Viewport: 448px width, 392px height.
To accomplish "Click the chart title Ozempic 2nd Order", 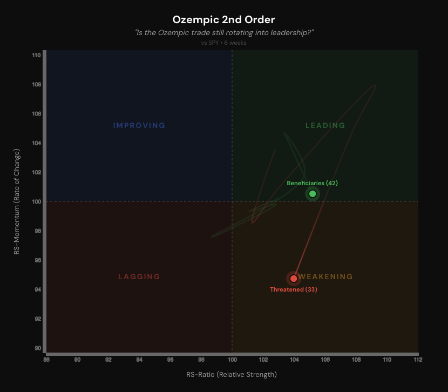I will [223, 20].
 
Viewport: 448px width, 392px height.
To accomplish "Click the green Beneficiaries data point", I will [313, 194].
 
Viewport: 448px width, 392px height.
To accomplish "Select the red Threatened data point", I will [294, 279].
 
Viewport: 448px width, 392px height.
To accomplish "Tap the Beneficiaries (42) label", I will [312, 183].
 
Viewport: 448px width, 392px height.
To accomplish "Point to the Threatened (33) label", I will [294, 289].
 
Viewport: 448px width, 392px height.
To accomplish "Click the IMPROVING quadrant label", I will [139, 126].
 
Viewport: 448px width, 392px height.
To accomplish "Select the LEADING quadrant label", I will [325, 126].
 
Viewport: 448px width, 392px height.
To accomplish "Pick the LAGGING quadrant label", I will [139, 277].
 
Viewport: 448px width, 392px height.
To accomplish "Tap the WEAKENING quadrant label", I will [325, 277].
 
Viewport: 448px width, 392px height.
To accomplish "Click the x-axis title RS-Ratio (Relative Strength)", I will [232, 374].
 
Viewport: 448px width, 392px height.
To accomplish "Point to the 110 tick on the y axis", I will [36, 56].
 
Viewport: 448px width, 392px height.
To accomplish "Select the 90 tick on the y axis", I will [36, 348].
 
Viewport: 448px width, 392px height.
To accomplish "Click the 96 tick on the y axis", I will [36, 260].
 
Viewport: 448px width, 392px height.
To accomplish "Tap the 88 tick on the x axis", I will [47, 360].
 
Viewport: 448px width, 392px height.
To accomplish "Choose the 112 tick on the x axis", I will [418, 360].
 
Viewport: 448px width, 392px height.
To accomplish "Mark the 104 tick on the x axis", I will [294, 360].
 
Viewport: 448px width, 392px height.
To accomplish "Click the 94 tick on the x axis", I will [140, 360].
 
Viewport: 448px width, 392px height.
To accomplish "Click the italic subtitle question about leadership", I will [223, 33].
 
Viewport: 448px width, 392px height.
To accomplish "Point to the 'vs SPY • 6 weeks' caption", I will [223, 43].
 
